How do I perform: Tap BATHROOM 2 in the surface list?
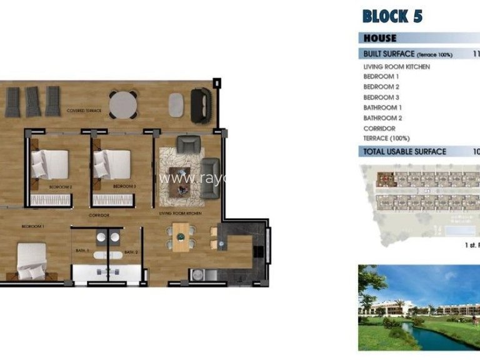[382, 118]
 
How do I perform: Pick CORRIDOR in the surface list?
[379, 129]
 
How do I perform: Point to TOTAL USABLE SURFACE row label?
[405, 152]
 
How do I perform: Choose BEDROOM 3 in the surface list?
[381, 97]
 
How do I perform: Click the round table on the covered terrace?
[124, 104]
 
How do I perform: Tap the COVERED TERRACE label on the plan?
[84, 111]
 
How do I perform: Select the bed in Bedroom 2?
[51, 165]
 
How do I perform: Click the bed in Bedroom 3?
[112, 165]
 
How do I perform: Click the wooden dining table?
[181, 237]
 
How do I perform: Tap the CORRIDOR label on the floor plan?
[99, 215]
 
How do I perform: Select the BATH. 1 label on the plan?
[84, 251]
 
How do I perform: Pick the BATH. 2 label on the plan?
[130, 252]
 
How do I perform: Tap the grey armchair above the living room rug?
[187, 144]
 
